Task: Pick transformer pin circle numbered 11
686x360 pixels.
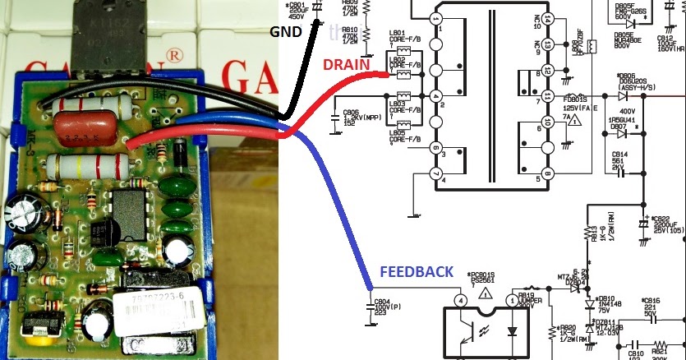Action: (548, 96)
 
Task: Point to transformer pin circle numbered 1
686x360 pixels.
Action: (436, 18)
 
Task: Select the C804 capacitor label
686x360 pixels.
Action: (381, 302)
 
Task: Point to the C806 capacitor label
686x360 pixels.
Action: (350, 113)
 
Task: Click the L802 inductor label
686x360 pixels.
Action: (398, 59)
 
